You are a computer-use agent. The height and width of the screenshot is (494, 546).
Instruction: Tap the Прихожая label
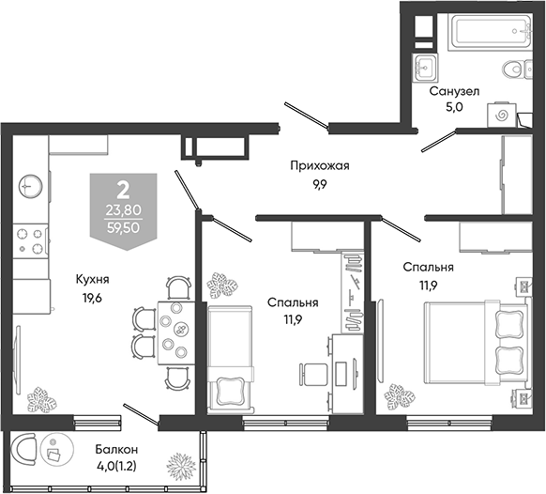coord(320,165)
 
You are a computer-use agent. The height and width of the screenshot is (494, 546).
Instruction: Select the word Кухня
coord(92,279)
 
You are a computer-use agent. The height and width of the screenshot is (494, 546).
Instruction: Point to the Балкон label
coord(116,450)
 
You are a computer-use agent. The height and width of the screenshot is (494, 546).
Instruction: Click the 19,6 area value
coord(92,298)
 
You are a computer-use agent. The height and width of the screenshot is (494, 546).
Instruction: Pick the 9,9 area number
coord(319,184)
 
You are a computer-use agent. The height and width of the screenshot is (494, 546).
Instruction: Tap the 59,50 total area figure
coord(123,228)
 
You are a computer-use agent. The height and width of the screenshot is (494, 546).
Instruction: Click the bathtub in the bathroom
coord(491,31)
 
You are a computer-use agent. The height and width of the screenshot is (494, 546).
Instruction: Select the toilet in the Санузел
coord(518,68)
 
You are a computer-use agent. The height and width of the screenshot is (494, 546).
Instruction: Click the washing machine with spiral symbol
coord(502,115)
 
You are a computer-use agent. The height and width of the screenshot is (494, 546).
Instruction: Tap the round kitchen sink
coord(31,186)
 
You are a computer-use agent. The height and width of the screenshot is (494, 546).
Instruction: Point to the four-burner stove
coord(30,241)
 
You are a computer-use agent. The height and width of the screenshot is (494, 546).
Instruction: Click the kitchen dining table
coord(176,333)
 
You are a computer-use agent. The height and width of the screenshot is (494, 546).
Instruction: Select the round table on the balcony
coord(57,449)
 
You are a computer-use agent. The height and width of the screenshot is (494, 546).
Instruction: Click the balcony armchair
coord(23,449)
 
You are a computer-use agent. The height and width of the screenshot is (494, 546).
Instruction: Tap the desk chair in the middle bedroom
coord(313,375)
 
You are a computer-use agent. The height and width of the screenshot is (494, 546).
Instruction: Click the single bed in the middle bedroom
coord(230,359)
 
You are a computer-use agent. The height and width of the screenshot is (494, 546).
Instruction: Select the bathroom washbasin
coord(425,68)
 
